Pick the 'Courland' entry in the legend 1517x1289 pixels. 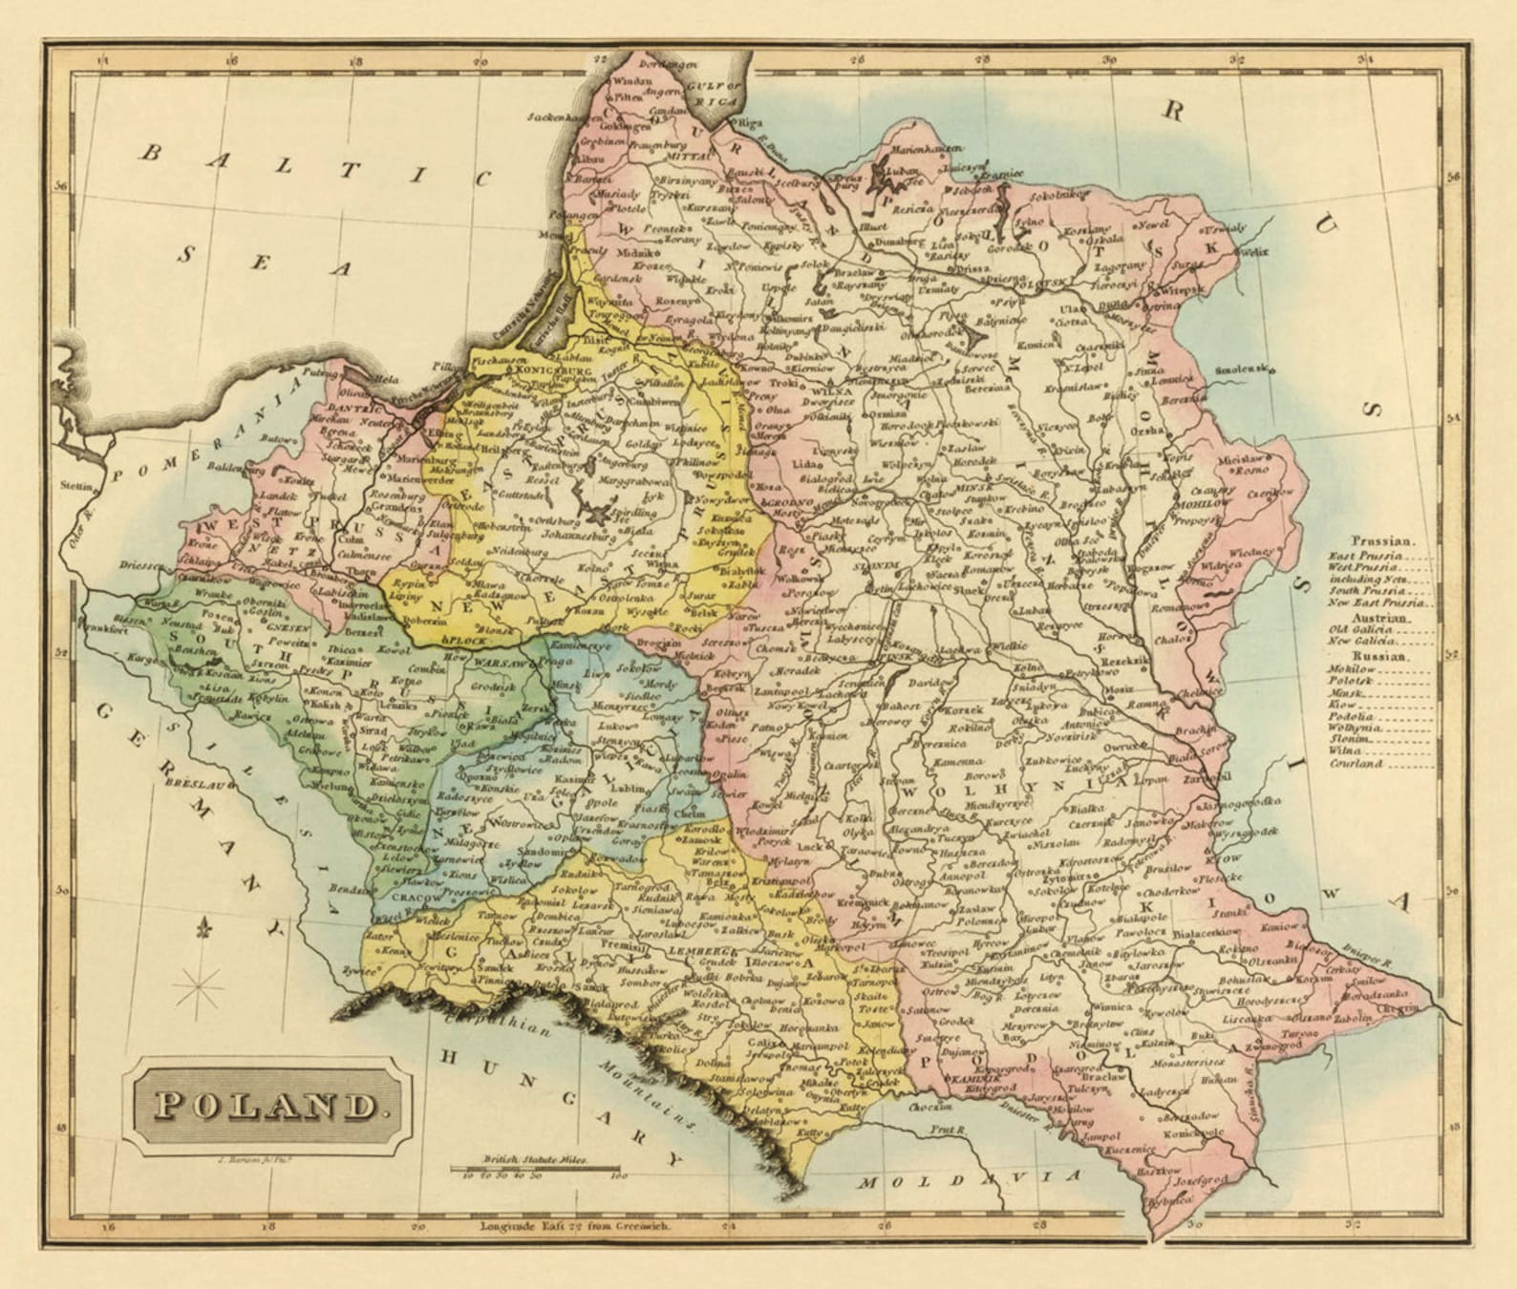click(1356, 764)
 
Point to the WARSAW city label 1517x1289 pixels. click(501, 662)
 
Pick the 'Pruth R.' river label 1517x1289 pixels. click(949, 1131)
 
